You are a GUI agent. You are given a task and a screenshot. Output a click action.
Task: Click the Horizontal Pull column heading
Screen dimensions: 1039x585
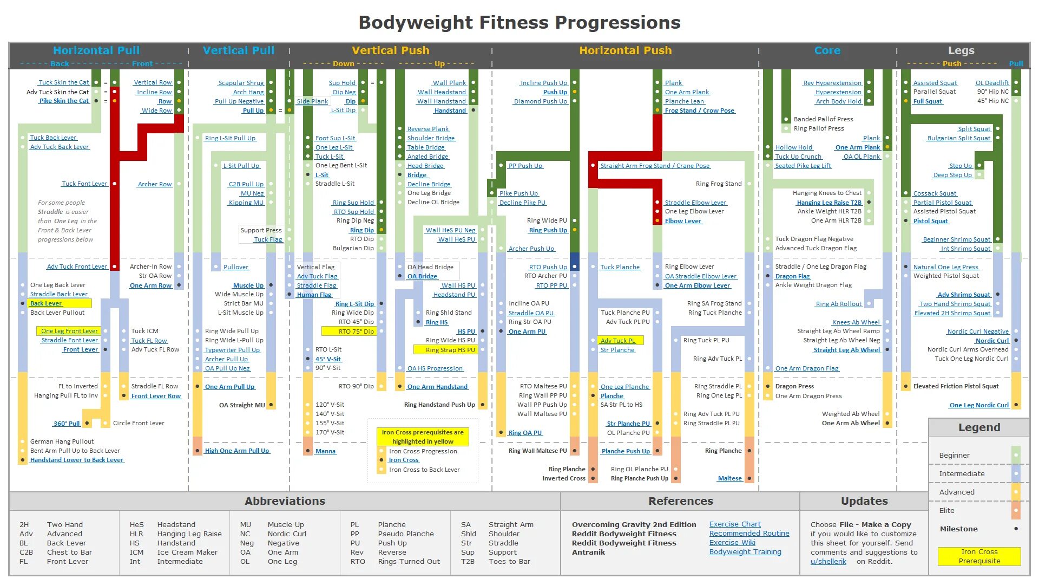coord(96,50)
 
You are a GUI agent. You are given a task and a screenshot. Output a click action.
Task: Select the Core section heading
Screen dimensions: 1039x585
coord(827,50)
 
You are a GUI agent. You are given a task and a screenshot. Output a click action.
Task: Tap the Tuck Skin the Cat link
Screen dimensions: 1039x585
coord(64,82)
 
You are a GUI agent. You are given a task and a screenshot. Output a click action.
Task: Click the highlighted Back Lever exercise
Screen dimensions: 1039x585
coord(46,303)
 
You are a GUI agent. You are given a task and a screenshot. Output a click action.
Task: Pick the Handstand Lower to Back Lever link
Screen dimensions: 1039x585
coord(77,460)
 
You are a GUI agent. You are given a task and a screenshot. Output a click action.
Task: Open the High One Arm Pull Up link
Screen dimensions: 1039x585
coord(236,451)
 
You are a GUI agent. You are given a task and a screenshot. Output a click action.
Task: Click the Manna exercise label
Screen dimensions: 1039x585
coord(325,451)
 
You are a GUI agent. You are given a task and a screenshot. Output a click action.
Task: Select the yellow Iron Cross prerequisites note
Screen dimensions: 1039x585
coord(423,437)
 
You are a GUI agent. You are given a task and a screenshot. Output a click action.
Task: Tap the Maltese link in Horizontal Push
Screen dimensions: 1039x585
coord(729,478)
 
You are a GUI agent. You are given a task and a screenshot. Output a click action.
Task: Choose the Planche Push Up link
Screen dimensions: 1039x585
coord(626,451)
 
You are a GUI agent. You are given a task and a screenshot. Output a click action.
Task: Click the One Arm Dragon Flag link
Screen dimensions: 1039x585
coord(806,368)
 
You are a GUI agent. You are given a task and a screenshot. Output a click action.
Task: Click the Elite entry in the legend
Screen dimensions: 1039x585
coord(947,510)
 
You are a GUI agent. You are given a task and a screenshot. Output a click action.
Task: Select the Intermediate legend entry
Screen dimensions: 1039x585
coord(962,473)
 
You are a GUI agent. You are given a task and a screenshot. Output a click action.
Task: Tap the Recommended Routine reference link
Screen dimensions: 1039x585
coord(749,534)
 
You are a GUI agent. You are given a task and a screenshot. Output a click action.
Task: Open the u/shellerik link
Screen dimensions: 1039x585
coord(828,561)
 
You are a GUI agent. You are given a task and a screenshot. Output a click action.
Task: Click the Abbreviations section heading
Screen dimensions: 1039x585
coord(285,501)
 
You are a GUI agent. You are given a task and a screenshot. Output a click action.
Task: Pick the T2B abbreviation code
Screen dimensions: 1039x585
coord(468,561)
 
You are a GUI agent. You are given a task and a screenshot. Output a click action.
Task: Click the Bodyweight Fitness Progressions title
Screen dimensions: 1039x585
coord(519,23)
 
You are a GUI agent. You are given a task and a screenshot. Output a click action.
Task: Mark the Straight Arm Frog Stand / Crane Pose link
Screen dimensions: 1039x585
coord(655,166)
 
